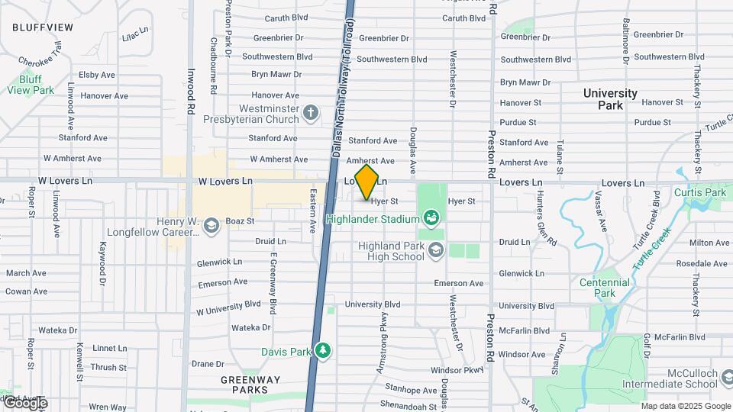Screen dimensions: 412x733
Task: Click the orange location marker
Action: [367, 182]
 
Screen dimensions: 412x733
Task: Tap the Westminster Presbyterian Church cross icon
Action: [309, 114]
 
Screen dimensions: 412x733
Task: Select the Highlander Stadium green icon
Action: [431, 219]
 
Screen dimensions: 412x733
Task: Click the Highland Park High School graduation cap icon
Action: [435, 249]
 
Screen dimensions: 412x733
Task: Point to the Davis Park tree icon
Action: [324, 351]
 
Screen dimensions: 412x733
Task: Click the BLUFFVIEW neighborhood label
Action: [43, 27]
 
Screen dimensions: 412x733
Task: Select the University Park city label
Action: [610, 99]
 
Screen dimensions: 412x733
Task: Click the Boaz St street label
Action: [239, 221]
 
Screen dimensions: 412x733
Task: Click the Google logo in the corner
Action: [24, 403]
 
